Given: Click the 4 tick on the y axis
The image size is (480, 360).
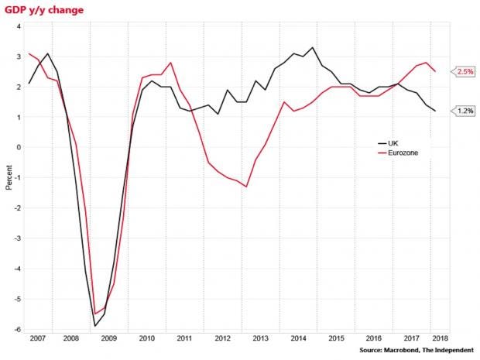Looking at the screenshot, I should pos(19,26).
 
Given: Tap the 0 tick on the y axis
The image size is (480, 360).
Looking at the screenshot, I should pos(19,148).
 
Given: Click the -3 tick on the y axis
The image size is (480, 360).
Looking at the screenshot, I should pos(17,238).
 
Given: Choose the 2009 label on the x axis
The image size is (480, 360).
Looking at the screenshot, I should pos(108,338).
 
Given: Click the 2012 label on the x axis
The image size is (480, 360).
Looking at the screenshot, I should pos(222,338).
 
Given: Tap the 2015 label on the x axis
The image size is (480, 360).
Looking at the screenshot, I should pos(335,338).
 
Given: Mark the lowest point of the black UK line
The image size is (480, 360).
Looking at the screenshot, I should pos(94,326).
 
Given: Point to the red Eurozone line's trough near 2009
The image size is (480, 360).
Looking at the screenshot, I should pos(94,314).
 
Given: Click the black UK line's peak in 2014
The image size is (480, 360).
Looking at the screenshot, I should pos(313,47).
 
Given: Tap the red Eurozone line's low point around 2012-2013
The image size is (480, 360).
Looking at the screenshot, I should pos(246,187).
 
